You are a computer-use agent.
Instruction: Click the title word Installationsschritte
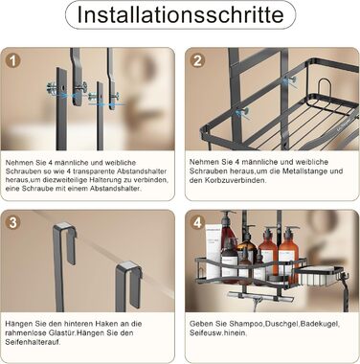pyautogui.click(x=180, y=14)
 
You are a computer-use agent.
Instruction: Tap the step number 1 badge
pyautogui.click(x=12, y=60)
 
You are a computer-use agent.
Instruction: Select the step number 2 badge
pyautogui.click(x=197, y=60)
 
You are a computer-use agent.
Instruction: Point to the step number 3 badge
pyautogui.click(x=12, y=222)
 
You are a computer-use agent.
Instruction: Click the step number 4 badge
pyautogui.click(x=197, y=222)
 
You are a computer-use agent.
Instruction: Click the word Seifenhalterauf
pyautogui.click(x=33, y=342)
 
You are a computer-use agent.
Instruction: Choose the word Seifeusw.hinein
pyautogui.click(x=218, y=333)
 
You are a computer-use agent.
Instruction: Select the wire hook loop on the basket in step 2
pyautogui.click(x=326, y=88)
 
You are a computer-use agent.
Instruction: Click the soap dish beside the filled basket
pyautogui.click(x=316, y=276)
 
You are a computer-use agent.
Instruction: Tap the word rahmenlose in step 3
pyautogui.click(x=23, y=333)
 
